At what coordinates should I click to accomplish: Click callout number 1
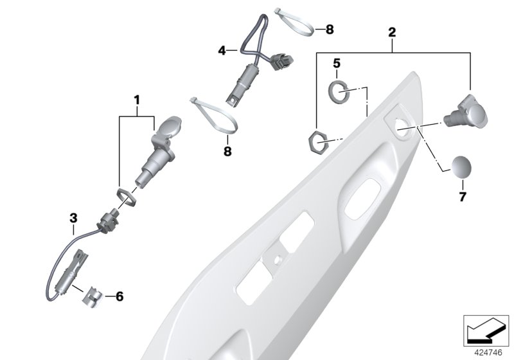(x=137, y=100)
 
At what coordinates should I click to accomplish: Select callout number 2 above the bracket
(x=392, y=32)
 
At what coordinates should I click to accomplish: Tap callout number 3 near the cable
(x=73, y=218)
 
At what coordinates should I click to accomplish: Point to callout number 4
(x=222, y=51)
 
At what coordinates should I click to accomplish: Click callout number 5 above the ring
(x=337, y=63)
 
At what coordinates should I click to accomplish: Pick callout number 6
(x=120, y=297)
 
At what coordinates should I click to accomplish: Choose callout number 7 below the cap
(x=463, y=197)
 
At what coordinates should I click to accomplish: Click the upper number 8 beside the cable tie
(x=330, y=30)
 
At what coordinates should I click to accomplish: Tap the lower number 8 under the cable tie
(x=227, y=152)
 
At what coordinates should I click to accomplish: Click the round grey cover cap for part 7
(x=461, y=166)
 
